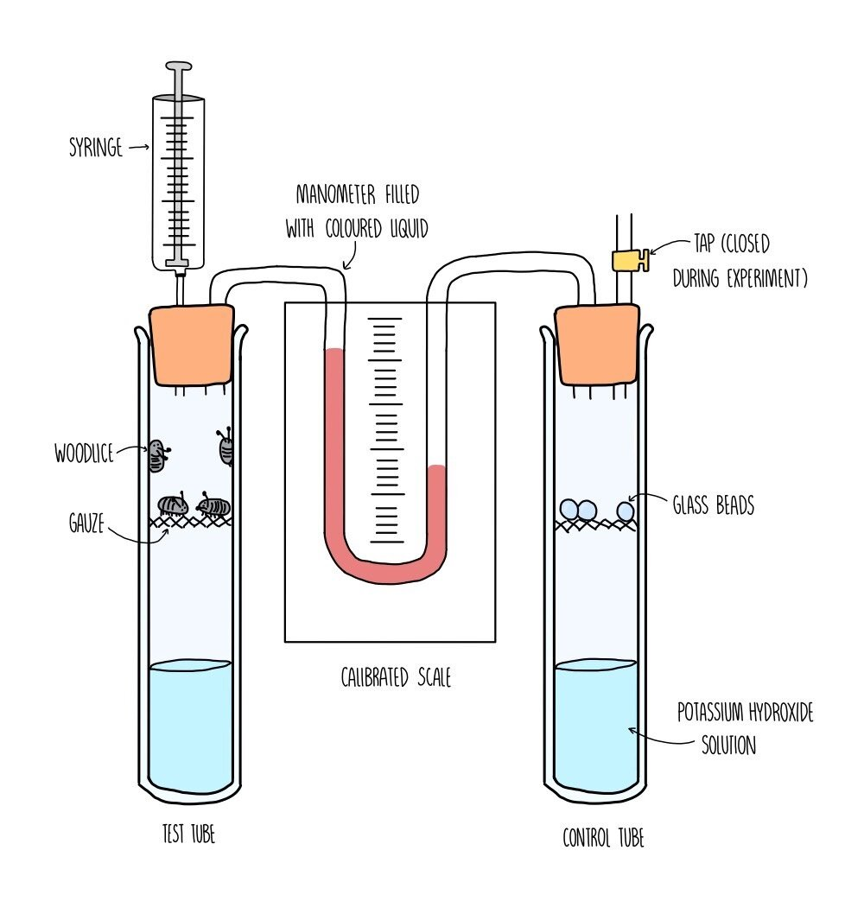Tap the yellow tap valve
point(629,259)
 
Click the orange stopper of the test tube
point(193,344)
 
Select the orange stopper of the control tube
point(596,344)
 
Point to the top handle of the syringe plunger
point(179,66)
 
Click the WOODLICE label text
point(85,453)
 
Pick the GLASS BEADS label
point(714,505)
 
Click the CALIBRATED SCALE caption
point(396,678)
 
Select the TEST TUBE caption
point(188,834)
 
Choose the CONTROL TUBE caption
point(603,837)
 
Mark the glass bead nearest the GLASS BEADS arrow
point(625,511)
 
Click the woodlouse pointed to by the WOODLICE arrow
point(156,456)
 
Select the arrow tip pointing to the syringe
point(148,149)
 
